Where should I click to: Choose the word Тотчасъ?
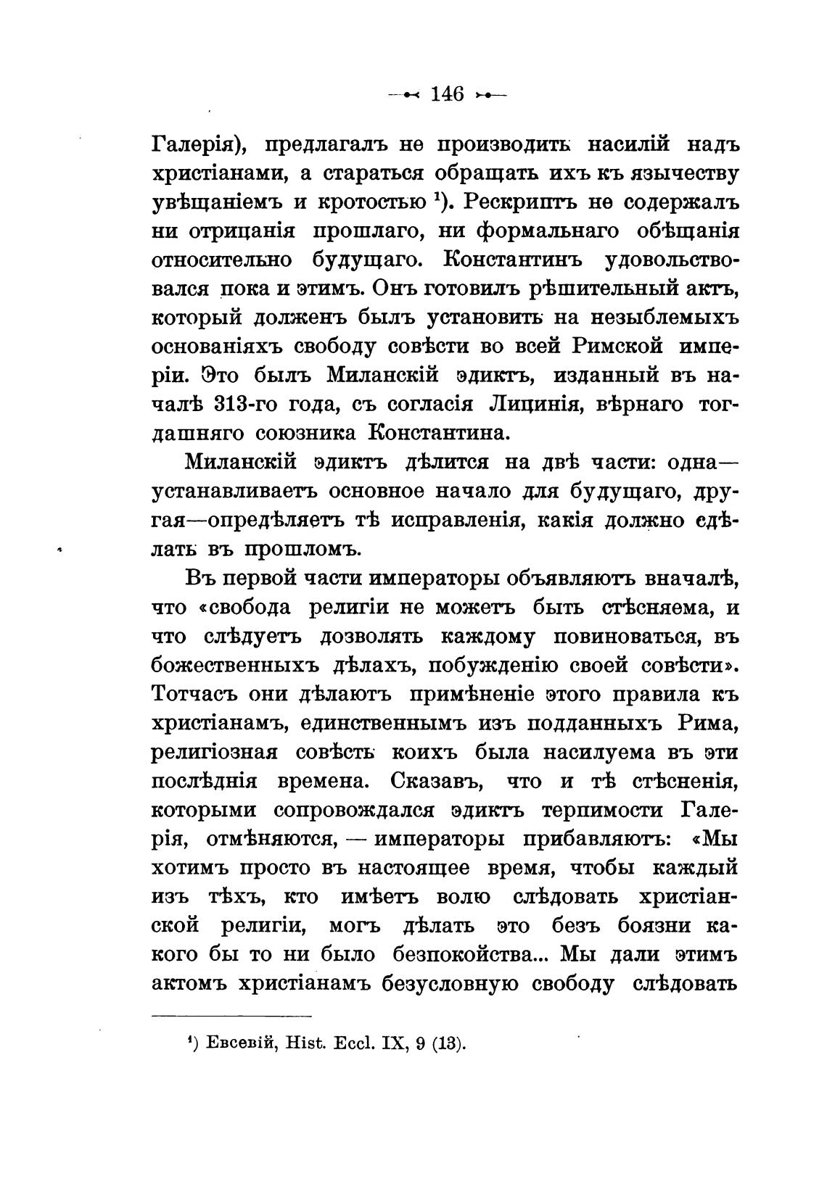[192, 695]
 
